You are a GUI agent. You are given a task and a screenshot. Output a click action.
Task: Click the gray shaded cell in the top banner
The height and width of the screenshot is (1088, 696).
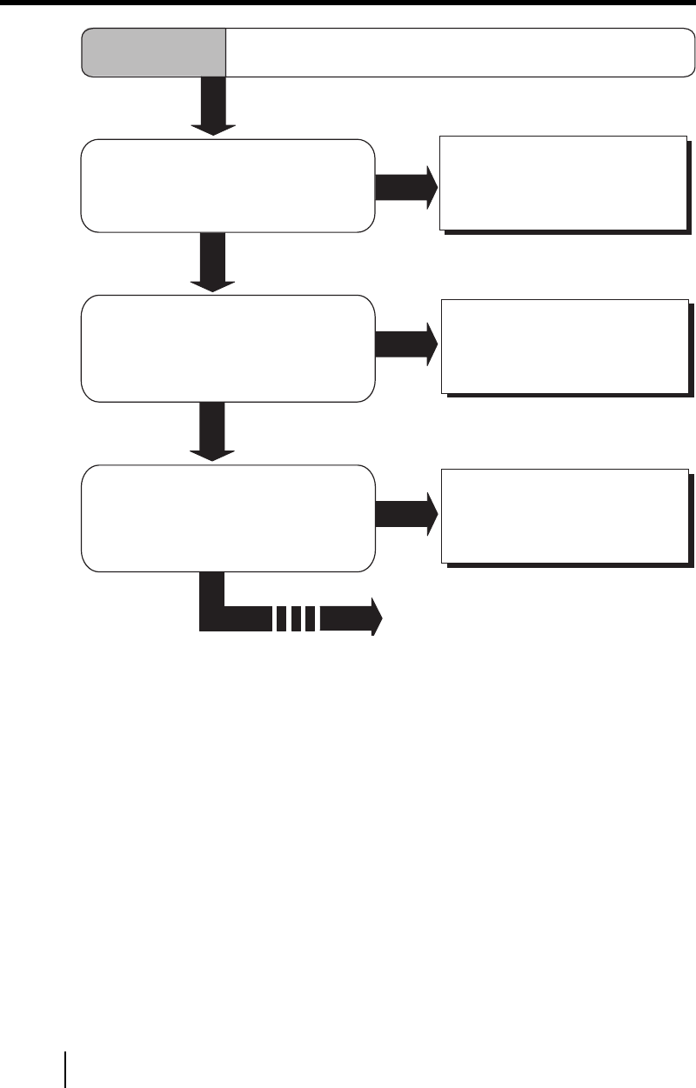(x=153, y=52)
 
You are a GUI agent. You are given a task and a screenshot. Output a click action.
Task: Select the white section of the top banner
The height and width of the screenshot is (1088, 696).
(x=452, y=52)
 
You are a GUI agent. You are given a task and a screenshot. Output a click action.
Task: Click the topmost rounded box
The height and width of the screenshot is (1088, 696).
(x=228, y=185)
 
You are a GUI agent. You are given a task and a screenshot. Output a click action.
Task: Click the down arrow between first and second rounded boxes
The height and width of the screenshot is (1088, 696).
(x=212, y=261)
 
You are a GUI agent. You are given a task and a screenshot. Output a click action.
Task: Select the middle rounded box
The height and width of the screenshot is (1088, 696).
(x=228, y=348)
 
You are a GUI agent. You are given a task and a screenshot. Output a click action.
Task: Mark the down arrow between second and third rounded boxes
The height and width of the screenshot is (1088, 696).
(x=212, y=431)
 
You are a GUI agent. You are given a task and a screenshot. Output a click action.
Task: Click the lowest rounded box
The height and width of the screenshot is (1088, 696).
(x=228, y=517)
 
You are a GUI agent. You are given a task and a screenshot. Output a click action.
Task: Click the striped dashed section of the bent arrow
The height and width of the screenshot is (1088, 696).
(x=297, y=618)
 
